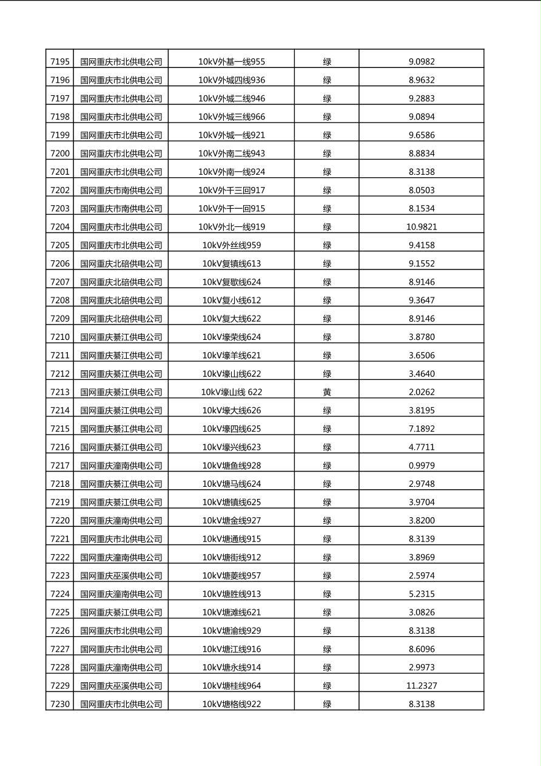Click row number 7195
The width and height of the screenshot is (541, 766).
60,61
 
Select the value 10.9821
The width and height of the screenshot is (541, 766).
422,227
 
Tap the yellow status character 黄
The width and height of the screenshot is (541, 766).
327,392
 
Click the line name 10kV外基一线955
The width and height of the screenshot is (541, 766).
232,61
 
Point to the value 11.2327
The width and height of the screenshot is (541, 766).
422,686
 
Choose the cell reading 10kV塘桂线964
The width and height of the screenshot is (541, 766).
232,686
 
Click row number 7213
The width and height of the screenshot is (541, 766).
60,392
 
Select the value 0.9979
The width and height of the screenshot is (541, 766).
422,466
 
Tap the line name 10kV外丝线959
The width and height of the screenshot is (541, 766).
232,245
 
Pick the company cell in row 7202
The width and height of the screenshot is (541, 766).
121,190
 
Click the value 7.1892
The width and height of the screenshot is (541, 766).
422,429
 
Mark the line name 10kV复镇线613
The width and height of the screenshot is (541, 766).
232,263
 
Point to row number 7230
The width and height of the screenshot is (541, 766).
60,704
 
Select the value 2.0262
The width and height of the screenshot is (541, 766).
422,392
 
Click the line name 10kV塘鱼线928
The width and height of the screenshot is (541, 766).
232,466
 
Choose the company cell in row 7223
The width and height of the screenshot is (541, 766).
121,575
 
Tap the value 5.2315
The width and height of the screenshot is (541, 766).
422,594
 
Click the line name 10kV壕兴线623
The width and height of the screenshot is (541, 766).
232,447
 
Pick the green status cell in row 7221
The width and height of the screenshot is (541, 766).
327,539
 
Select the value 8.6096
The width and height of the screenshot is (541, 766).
422,649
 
